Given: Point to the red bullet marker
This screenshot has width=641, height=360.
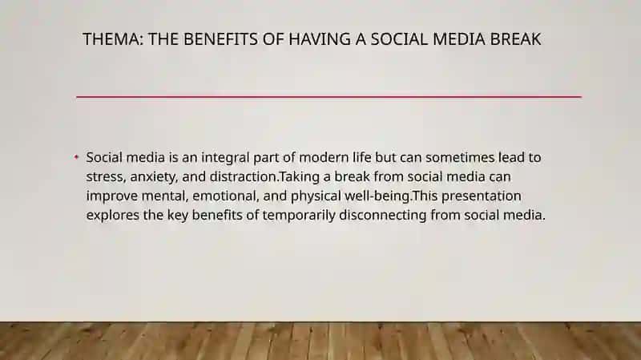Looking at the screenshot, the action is pyautogui.click(x=76, y=156).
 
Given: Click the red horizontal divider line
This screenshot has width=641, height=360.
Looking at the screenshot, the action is pyautogui.click(x=329, y=97).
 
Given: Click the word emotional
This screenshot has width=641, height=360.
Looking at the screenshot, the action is pyautogui.click(x=225, y=196).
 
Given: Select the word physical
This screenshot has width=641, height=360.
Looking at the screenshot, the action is pyautogui.click(x=316, y=196).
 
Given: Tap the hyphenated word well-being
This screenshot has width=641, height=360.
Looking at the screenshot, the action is pyautogui.click(x=378, y=196).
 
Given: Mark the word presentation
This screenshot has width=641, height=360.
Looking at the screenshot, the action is pyautogui.click(x=482, y=196).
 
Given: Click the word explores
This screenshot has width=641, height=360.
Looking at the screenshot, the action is pyautogui.click(x=113, y=216).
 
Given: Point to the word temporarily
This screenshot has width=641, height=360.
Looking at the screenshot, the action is pyautogui.click(x=299, y=216).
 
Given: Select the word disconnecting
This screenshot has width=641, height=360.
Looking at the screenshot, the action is pyautogui.click(x=383, y=216).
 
